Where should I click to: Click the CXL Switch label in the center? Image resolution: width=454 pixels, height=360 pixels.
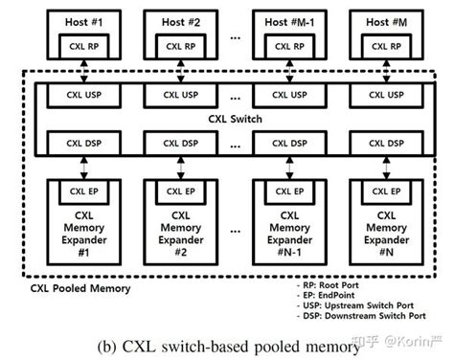(232, 121)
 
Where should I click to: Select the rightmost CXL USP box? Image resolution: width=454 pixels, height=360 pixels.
(380, 96)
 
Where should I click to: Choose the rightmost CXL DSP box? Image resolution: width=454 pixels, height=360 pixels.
(380, 145)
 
